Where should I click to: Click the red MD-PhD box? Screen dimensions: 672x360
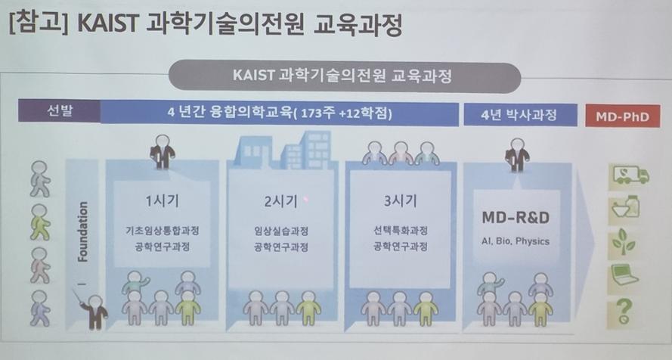click(623, 116)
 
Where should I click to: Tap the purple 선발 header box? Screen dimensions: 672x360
click(59, 111)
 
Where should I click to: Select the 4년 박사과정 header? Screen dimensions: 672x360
click(520, 114)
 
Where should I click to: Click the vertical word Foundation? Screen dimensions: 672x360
click(82, 231)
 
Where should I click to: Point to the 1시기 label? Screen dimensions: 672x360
click(162, 200)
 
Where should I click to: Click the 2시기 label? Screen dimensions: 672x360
click(280, 200)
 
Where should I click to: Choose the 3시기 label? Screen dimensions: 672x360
click(399, 200)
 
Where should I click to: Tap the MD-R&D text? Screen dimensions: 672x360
click(516, 217)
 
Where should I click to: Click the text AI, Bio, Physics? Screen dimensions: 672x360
click(515, 241)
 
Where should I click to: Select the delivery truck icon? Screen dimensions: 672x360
click(630, 175)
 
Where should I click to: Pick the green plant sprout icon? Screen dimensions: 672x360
click(624, 242)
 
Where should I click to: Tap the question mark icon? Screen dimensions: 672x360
click(624, 311)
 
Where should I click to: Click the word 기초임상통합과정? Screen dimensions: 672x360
click(162, 231)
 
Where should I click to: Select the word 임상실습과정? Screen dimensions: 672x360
click(280, 231)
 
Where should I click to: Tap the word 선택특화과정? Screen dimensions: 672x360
click(400, 231)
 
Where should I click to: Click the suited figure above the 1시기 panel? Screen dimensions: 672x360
click(162, 151)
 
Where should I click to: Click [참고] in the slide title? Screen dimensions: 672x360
click(39, 23)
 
